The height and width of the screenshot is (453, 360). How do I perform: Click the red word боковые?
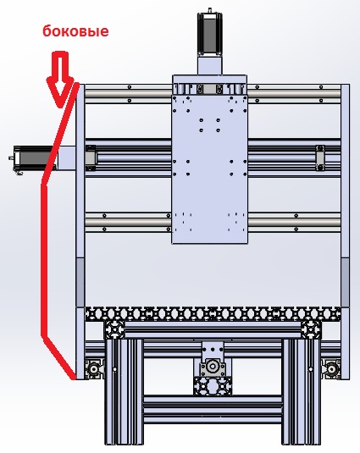tap(75, 31)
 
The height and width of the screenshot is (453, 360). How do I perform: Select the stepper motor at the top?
tap(210, 34)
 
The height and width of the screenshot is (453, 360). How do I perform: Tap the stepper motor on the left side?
tap(32, 159)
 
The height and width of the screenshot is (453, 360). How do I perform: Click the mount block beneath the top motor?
tap(210, 65)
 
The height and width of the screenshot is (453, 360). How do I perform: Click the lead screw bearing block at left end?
tap(91, 157)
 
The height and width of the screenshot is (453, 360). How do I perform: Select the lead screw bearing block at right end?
tap(320, 157)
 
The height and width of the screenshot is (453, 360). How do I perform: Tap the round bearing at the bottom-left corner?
tap(93, 368)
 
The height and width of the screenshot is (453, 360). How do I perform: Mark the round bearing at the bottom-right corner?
tap(333, 368)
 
